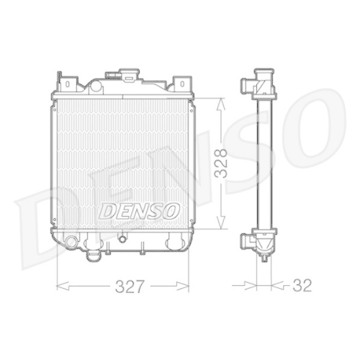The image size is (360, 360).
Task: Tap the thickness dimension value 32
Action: [302, 285]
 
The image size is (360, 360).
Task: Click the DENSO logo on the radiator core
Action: [135, 212]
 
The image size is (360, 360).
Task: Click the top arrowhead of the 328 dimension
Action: [221, 102]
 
